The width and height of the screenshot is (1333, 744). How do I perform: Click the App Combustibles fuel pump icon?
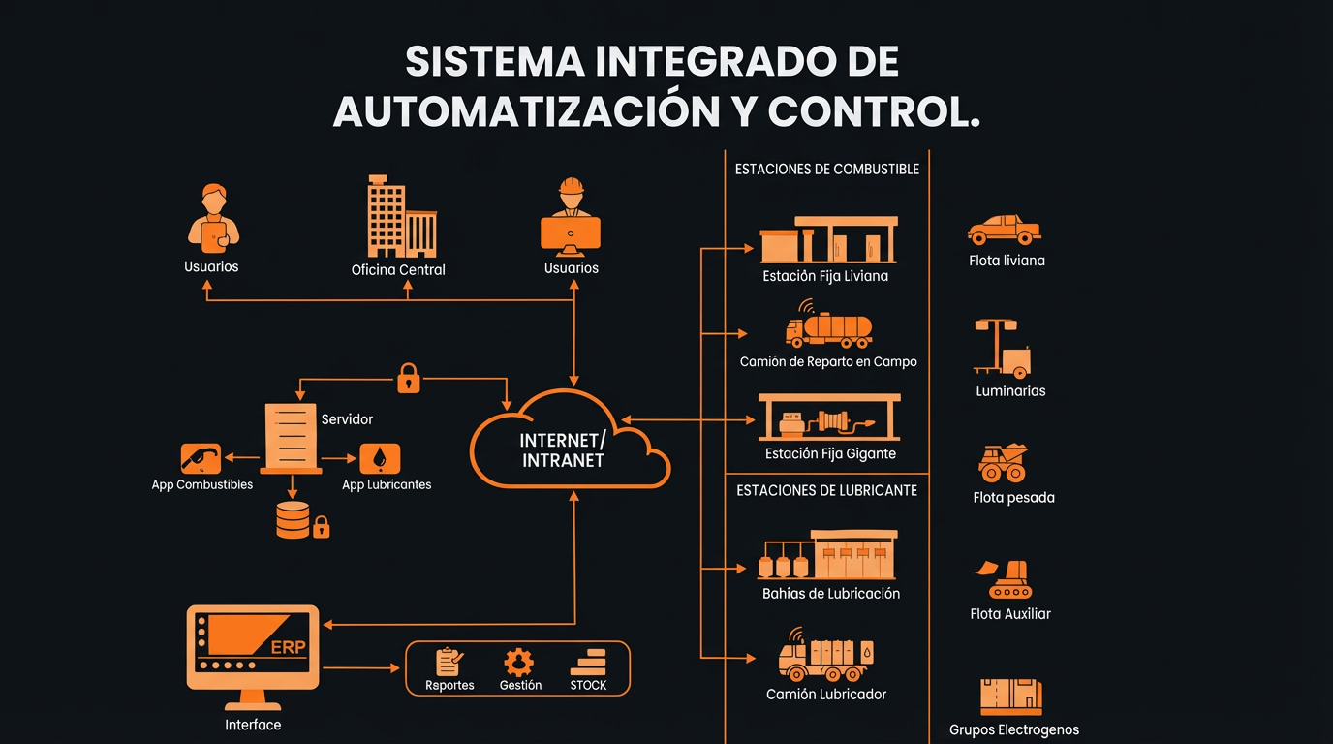(x=201, y=458)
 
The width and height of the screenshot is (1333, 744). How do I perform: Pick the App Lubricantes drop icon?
(x=380, y=458)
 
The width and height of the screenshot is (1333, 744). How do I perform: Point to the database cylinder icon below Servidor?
(x=293, y=519)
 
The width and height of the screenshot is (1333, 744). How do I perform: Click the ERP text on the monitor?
(x=288, y=647)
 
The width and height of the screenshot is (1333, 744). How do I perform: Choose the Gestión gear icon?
(x=519, y=663)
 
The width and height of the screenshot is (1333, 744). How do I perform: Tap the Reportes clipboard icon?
(x=449, y=663)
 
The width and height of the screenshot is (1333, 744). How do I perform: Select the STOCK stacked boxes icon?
(x=587, y=663)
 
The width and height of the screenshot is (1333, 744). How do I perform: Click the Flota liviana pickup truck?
(x=1005, y=231)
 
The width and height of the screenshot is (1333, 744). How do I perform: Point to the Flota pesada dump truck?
(x=1004, y=464)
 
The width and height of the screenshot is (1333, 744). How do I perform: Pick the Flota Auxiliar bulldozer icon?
(x=1009, y=579)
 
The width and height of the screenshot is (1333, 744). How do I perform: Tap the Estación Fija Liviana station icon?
(x=828, y=239)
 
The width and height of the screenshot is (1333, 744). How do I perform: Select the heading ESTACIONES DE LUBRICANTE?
(x=826, y=490)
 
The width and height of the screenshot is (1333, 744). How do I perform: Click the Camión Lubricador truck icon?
(x=826, y=658)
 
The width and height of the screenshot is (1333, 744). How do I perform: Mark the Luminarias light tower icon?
(x=1002, y=350)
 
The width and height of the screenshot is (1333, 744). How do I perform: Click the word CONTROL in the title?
(x=873, y=112)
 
